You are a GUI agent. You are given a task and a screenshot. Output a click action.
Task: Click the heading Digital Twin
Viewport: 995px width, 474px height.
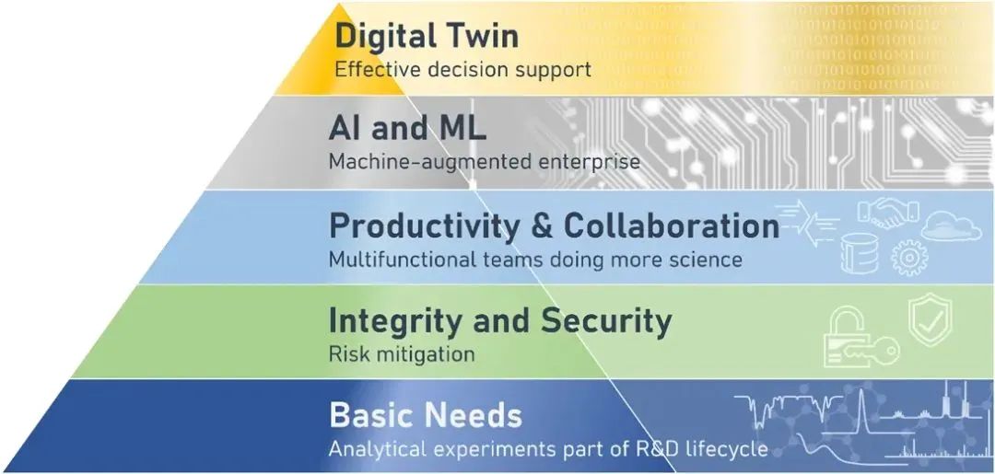[x=427, y=36]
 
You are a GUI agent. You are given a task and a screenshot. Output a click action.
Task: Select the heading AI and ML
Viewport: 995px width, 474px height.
[x=407, y=129]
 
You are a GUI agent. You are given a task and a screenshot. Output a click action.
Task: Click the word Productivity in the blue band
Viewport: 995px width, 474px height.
[x=424, y=227]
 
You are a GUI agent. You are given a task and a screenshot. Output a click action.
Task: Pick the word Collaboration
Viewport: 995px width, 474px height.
[x=672, y=225]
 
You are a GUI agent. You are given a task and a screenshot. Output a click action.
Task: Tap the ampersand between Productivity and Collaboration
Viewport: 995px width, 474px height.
[x=542, y=226]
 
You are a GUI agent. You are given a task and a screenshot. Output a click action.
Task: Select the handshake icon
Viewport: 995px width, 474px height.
[x=888, y=213]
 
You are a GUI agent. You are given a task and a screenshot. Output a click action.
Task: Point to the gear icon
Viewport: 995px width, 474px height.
[x=909, y=258]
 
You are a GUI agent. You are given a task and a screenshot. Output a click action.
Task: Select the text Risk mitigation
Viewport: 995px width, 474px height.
[x=402, y=353]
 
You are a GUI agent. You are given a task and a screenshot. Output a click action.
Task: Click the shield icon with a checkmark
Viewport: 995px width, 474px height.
[x=930, y=319]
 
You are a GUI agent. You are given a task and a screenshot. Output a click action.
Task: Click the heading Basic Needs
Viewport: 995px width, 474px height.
[x=426, y=416]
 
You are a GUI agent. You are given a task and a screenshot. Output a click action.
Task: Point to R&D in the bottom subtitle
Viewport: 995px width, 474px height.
[x=638, y=449]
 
